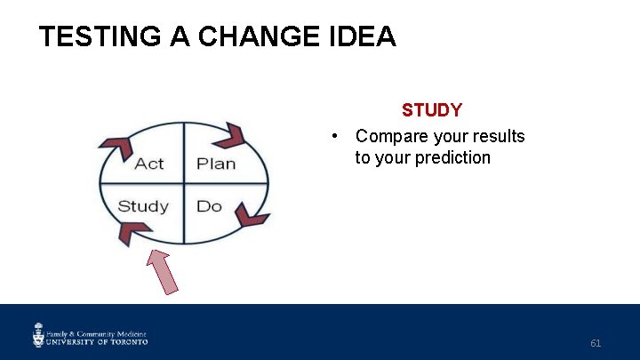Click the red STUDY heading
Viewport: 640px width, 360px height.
[x=432, y=110]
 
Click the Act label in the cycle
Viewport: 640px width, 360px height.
[x=149, y=164]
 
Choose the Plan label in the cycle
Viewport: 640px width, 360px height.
[x=216, y=164]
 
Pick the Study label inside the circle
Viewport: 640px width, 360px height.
[x=143, y=206]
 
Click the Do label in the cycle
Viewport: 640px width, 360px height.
[x=209, y=206]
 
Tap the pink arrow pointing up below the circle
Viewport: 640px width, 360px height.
[x=163, y=271]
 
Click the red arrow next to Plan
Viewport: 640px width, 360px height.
[x=230, y=134]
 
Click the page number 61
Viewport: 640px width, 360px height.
[x=596, y=342]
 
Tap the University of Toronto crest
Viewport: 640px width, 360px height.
[x=39, y=335]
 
